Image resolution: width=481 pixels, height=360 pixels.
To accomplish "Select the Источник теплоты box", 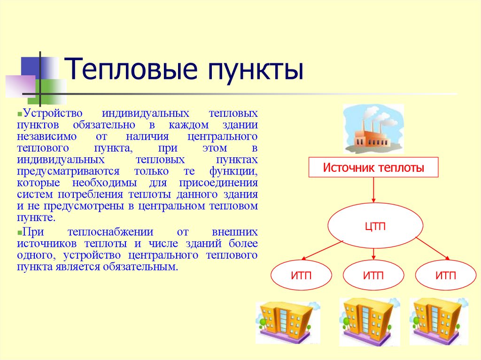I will tap(373, 168).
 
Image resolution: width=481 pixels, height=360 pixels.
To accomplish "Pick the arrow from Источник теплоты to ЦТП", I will tap(373, 190).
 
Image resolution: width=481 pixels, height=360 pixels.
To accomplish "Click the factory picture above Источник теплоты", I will tap(373, 129).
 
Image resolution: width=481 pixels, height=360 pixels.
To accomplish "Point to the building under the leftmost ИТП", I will tap(287, 322).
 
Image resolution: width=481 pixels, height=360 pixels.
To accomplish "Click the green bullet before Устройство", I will tap(20, 114).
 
